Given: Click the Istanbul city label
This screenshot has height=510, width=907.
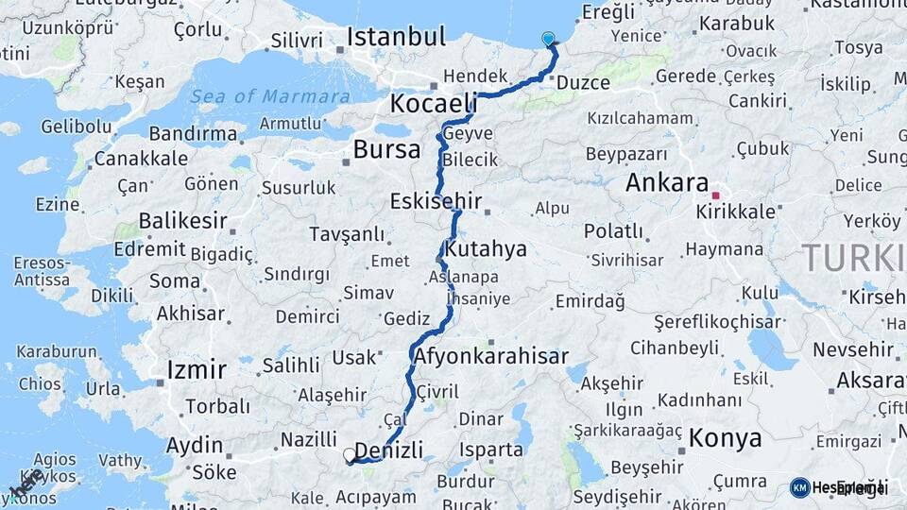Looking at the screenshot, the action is tap(396, 38).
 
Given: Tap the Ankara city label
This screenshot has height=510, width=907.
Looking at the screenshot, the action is tap(667, 182).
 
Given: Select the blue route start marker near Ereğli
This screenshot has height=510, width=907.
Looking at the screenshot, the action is tap(549, 39).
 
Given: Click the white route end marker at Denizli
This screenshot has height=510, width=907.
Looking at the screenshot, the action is tap(350, 455).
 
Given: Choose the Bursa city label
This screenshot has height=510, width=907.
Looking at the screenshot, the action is tap(386, 149).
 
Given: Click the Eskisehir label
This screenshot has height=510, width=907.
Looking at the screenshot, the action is tap(436, 201).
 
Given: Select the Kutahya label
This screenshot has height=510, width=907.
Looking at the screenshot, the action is tap(486, 250).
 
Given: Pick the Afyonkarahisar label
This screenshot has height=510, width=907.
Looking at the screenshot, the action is tap(491, 356).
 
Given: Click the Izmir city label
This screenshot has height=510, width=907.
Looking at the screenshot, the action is tap(196, 368).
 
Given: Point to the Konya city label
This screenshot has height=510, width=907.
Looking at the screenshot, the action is tap(726, 438).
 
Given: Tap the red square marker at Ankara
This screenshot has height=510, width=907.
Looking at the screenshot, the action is tap(716, 196).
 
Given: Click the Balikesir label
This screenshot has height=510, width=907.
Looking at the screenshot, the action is tap(182, 222).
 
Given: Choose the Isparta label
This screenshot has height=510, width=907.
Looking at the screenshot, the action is tap(492, 450).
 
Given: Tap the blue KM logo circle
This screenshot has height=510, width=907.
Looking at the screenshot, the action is tap(799, 487).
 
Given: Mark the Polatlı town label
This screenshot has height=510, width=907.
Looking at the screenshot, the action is tap(613, 231).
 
